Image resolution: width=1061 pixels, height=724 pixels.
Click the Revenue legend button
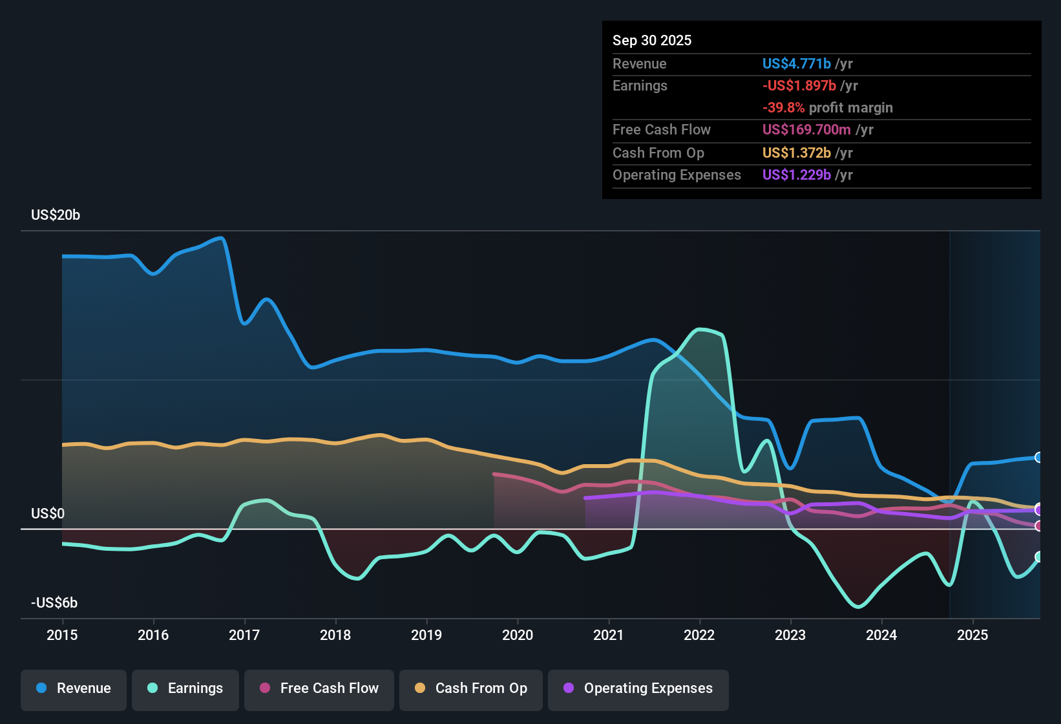point(74,688)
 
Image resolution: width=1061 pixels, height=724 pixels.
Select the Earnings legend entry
point(185,688)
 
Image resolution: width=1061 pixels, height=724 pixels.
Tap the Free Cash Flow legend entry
point(319,688)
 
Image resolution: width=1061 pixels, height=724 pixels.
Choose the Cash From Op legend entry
point(471,688)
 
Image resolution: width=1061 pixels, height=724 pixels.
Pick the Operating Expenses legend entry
point(638,688)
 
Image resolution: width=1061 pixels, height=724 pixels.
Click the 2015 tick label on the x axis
point(62,635)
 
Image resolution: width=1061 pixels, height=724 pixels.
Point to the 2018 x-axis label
point(335,635)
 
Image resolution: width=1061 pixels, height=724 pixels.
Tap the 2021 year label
point(608,635)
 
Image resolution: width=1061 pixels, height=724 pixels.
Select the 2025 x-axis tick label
point(972,635)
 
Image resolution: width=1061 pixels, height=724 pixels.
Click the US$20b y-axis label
point(56,215)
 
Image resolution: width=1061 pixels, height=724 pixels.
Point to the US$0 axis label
point(48,514)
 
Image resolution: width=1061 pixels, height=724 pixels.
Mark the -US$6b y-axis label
point(54,603)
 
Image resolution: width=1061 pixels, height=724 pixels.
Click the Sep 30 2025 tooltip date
point(651,40)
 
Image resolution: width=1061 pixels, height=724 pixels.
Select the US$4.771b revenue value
point(796,63)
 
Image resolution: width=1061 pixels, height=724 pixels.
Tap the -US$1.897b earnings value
point(799,85)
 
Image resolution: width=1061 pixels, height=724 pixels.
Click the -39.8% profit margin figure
point(783,107)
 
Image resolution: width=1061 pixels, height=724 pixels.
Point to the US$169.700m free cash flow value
point(806,129)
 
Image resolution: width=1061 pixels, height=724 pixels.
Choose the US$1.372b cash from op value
point(796,153)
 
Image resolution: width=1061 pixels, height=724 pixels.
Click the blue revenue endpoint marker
point(1038,458)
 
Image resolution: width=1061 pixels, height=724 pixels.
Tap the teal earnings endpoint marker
point(1038,557)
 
